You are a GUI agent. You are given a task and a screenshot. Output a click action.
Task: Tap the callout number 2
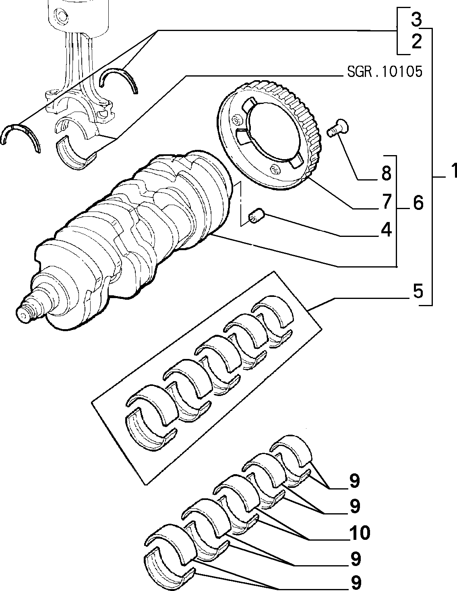coord(416,41)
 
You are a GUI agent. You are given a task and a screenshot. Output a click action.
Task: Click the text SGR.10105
coord(385,72)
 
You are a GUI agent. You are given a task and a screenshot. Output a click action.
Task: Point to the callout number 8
coord(386,173)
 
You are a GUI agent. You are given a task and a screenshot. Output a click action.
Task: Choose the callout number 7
coord(386,202)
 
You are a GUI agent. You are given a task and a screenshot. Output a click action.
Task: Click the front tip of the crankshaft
coord(22,315)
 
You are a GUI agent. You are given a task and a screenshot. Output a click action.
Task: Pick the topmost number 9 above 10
coord(355,481)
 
